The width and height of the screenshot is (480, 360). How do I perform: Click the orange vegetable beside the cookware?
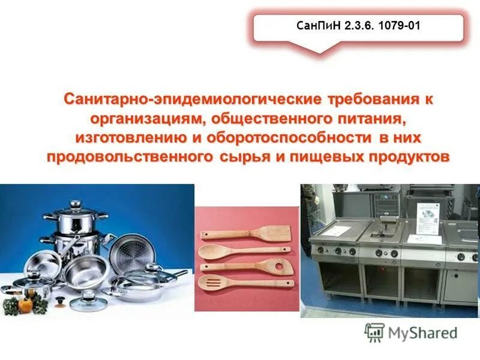coord(25,305)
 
